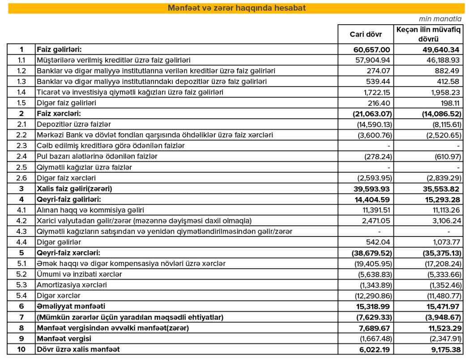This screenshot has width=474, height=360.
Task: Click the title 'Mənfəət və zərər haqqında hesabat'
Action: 236,8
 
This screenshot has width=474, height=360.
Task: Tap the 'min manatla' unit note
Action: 446,19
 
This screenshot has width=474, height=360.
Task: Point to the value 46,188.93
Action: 442,60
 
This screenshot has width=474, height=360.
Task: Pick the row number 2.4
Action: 21,156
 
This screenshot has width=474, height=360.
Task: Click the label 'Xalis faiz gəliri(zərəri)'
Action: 74,189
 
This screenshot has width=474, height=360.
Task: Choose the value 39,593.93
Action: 372,189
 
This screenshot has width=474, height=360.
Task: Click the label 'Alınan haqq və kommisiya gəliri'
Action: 90,210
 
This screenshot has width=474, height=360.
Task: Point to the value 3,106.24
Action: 444,220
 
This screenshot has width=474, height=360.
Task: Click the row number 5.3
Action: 21,285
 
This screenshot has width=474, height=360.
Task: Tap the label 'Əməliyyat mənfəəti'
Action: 71,306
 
